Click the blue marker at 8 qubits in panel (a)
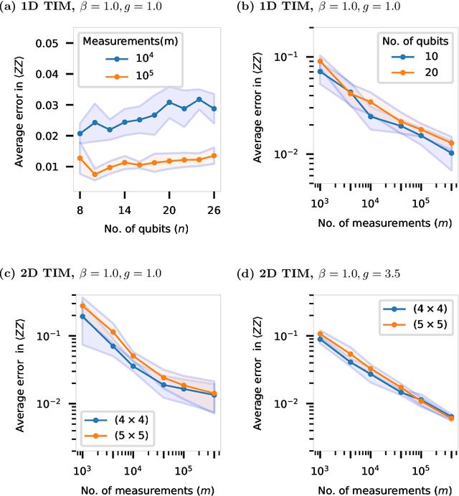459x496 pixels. [x=80, y=133]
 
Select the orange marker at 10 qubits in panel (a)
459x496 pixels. [x=95, y=174]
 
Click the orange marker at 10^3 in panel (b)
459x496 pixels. [x=321, y=61]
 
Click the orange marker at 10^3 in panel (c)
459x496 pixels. [x=82, y=306]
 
